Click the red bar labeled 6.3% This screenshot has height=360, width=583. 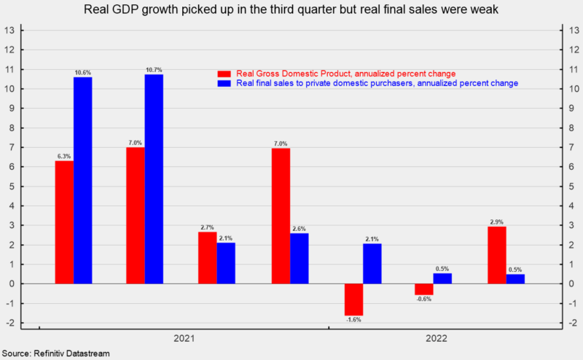pos(64,222)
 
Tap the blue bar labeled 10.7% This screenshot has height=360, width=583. pos(154,179)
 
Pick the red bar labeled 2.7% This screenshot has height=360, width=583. pos(208,257)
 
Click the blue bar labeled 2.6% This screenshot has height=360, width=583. pos(299,258)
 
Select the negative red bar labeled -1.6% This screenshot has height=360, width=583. pos(354,299)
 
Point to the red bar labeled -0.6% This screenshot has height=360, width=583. pos(424,289)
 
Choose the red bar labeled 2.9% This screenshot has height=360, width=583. pos(497,255)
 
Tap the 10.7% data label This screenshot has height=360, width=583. pos(154,69)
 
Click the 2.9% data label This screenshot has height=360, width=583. pos(497,221)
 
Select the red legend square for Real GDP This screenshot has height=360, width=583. pos(224,74)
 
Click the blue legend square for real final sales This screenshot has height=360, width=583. pos(224,84)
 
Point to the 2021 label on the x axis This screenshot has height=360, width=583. pos(184,339)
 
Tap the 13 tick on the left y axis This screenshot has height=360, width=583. pos(10,31)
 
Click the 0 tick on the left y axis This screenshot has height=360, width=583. pos(12,283)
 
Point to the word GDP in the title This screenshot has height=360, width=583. pos(168,9)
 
